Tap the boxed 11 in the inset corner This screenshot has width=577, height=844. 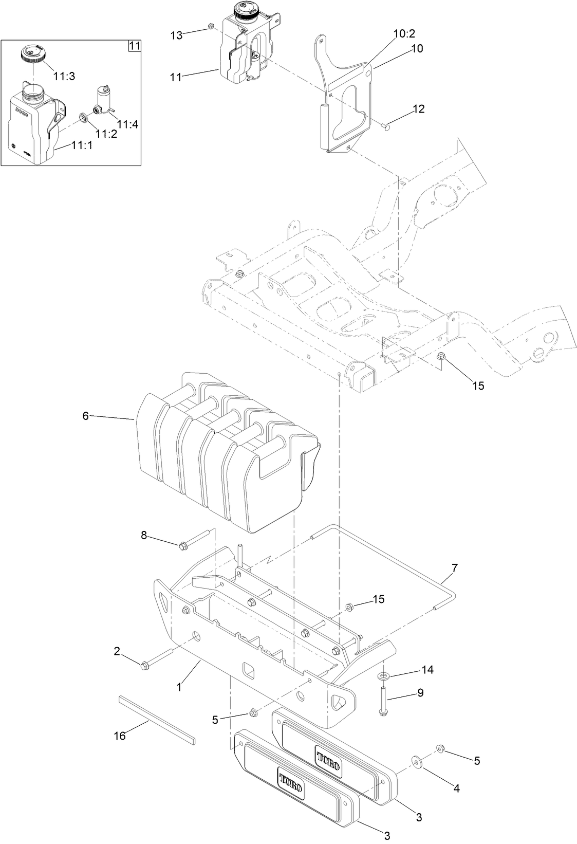point(134,46)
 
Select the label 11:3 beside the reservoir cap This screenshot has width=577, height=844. point(64,76)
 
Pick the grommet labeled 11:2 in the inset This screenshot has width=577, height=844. point(83,119)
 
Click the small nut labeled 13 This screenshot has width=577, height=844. point(210,26)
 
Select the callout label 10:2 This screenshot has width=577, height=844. point(404,34)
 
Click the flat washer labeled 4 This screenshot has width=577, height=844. point(416,760)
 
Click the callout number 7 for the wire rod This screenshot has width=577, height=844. point(454,568)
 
